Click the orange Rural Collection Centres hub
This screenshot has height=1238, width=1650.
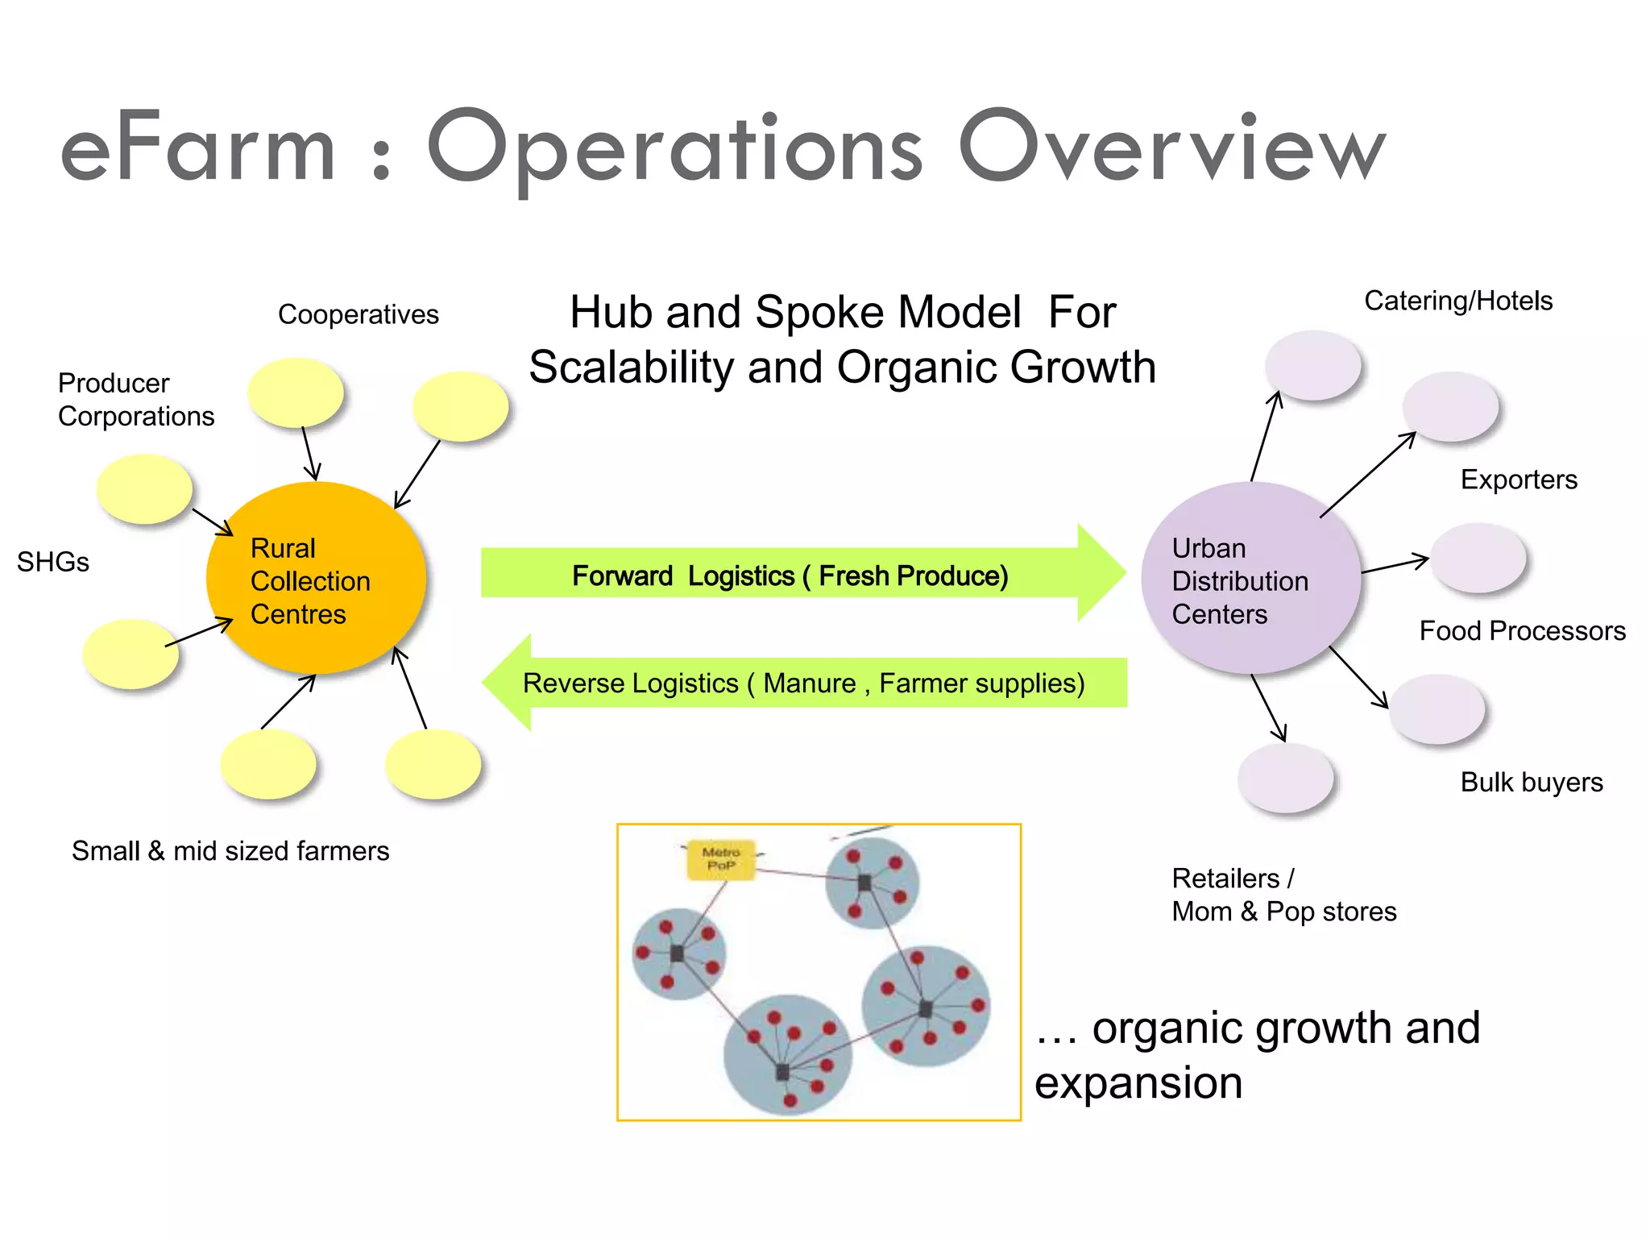pos(316,578)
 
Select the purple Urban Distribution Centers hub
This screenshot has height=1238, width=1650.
pos(1250,578)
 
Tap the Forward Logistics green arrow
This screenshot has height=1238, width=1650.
pos(790,575)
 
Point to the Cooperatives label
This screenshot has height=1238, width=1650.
pos(358,314)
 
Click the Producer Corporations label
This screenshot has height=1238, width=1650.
pos(135,400)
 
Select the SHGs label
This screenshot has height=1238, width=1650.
pos(52,562)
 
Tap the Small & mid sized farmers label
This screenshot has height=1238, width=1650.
pos(230,851)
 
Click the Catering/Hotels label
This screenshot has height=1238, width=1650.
pos(1457,301)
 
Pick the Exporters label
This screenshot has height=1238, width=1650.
pos(1518,480)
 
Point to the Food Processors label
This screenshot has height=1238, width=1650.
pos(1522,630)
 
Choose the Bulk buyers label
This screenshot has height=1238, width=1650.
pos(1531,782)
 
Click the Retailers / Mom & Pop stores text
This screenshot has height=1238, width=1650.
pos(1283,895)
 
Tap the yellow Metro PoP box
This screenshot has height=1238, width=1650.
pos(720,860)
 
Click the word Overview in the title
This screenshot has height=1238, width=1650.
pos(1171,148)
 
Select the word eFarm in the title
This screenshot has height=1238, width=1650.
pos(197,150)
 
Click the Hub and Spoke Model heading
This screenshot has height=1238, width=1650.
pos(842,339)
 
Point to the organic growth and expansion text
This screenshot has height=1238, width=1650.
pos(1257,1054)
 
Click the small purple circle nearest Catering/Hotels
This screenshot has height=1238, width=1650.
pos(1312,365)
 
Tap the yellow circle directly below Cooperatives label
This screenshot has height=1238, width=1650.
pos(296,393)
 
